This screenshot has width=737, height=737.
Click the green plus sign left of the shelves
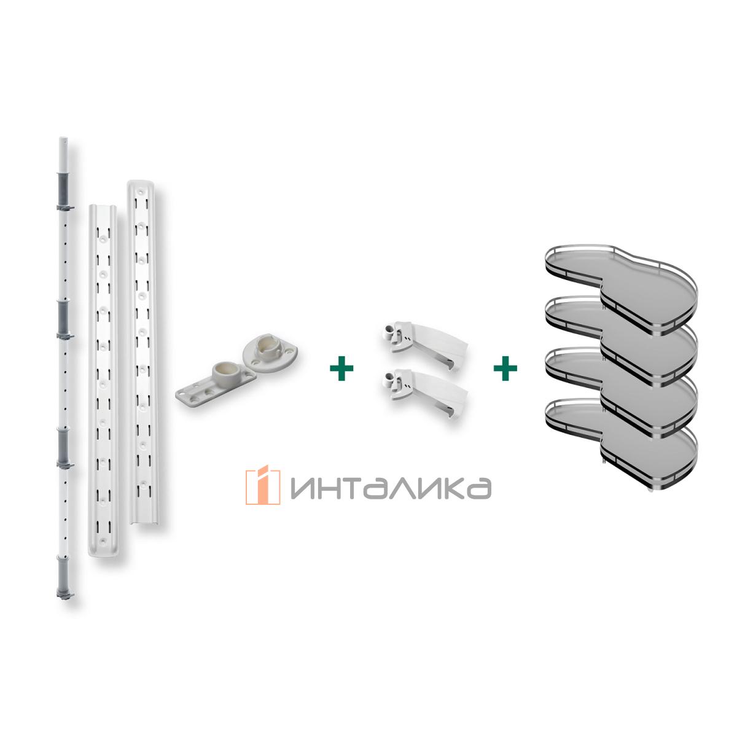pos(505,368)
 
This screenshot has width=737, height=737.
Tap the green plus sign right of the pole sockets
pos(341,368)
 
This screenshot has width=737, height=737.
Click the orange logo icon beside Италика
pos(263,485)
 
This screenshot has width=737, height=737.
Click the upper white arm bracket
pos(425,344)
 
